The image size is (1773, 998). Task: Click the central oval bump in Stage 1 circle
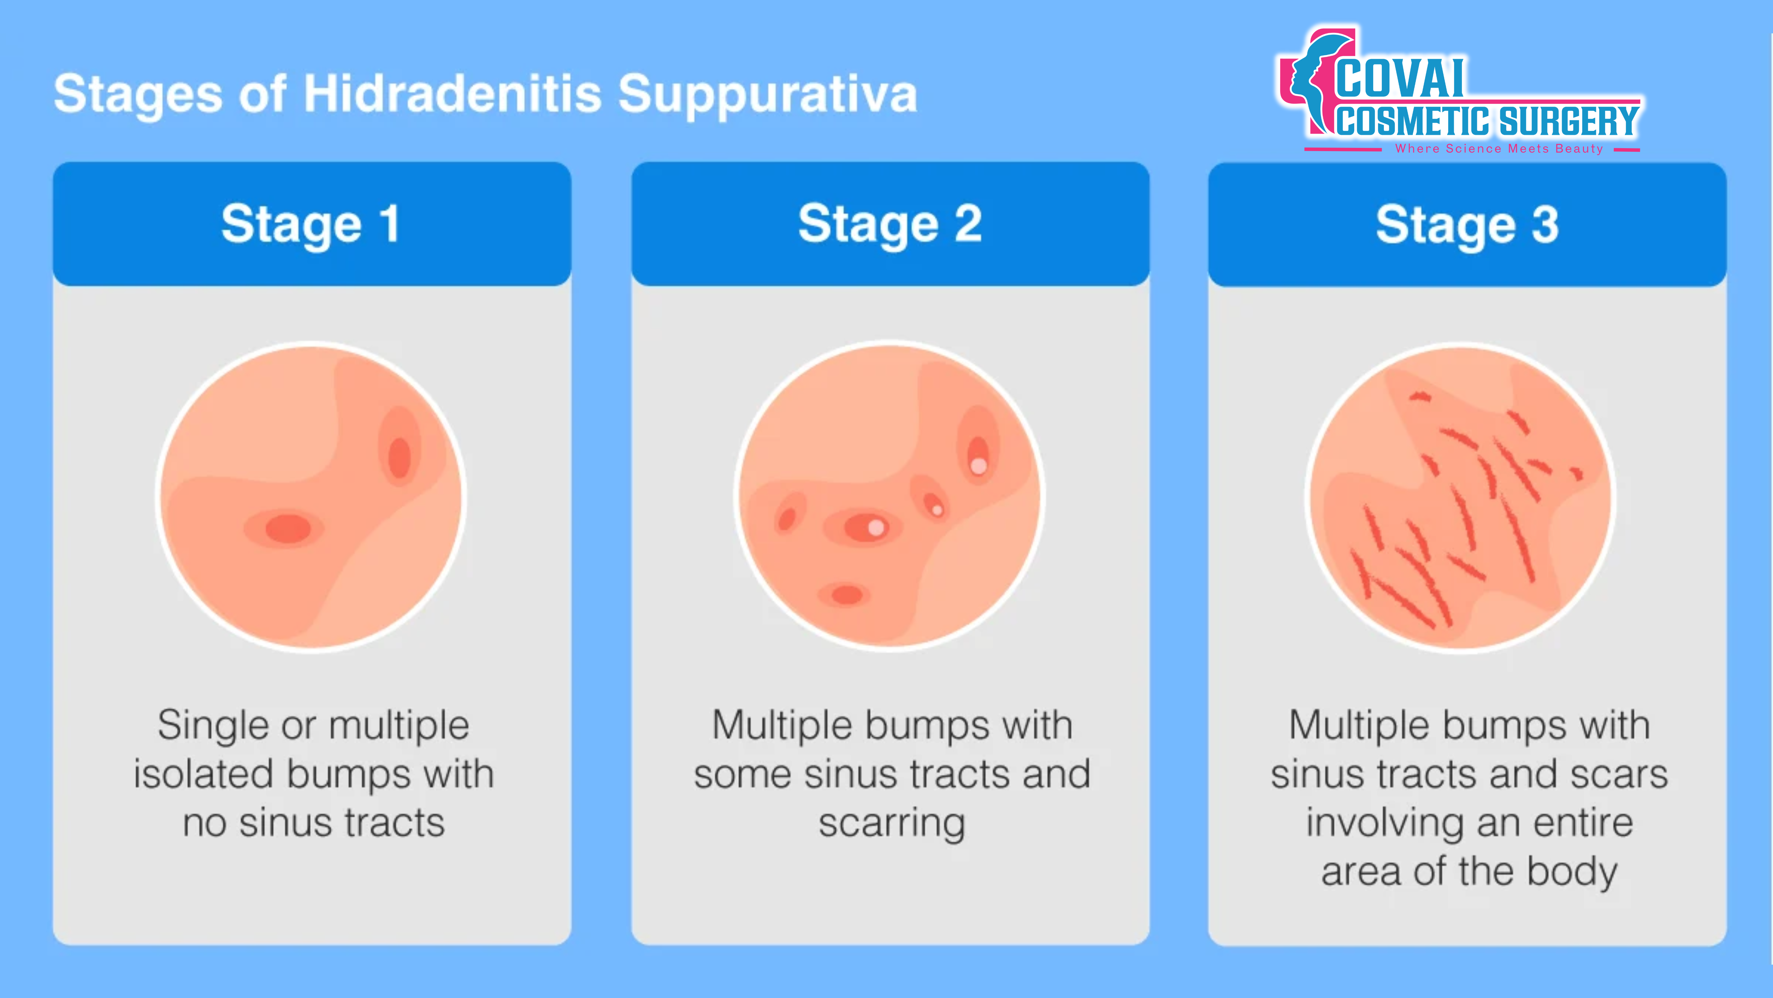(x=288, y=529)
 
